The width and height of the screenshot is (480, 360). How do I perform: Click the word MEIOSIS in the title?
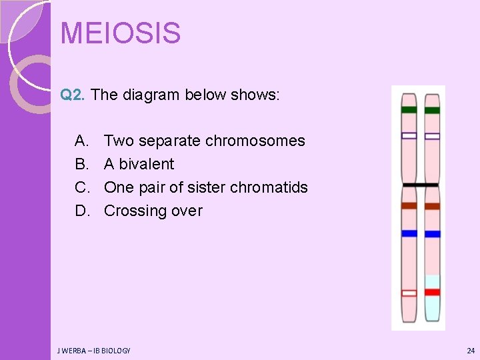point(120,33)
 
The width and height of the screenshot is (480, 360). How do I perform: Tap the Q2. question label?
point(73,95)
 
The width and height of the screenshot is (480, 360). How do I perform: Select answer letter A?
point(81,141)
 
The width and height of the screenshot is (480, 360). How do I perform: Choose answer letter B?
point(81,164)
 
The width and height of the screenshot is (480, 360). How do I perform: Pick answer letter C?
point(81,187)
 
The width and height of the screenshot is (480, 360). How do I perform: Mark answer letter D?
point(82,211)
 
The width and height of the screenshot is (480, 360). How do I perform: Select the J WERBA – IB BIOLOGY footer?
point(93,350)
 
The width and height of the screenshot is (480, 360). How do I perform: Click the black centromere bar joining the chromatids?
point(420,185)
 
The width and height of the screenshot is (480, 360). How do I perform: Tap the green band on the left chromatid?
point(409,109)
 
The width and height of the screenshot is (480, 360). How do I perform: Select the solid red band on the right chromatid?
point(433,292)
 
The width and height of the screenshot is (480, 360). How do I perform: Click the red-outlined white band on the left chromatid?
point(409,293)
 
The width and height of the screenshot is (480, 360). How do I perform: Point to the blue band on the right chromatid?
point(433,234)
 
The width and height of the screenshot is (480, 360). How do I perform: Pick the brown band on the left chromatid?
point(409,206)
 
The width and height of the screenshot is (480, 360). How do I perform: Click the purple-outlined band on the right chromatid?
point(433,136)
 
